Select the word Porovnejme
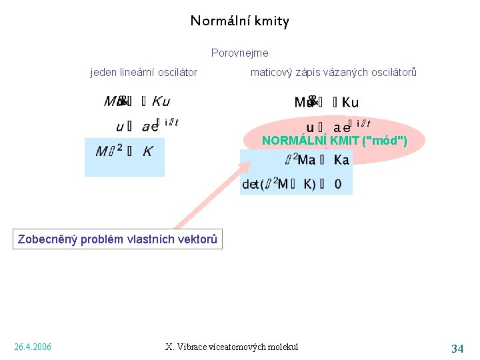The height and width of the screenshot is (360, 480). click(239, 53)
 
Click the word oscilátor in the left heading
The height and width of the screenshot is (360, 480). click(176, 72)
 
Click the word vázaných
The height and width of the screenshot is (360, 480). click(336, 72)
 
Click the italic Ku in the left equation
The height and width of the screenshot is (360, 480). click(161, 101)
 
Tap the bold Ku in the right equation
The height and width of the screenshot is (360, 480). click(350, 103)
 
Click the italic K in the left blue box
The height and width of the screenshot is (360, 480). click(147, 151)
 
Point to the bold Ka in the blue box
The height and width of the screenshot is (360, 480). click(341, 160)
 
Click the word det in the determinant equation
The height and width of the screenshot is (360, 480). click(250, 184)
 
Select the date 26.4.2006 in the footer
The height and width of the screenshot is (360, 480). click(33, 347)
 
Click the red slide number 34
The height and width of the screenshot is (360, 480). click(457, 348)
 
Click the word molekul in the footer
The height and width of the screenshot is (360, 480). click(282, 347)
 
